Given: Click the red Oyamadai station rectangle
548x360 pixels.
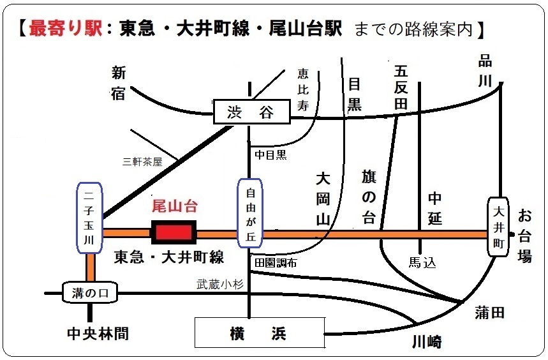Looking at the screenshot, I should click(174, 233).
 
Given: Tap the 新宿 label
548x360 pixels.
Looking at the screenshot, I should click(119, 84).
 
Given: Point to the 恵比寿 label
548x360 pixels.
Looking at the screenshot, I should click(303, 90).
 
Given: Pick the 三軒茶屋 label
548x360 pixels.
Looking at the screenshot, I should click(142, 162).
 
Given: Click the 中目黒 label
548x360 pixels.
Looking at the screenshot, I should click(271, 154).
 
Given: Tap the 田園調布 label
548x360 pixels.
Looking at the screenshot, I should click(276, 263).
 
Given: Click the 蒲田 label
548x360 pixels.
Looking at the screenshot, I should click(490, 312).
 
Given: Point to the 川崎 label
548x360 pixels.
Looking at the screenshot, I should click(426, 342).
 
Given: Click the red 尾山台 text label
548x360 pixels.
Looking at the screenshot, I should click(174, 206).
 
